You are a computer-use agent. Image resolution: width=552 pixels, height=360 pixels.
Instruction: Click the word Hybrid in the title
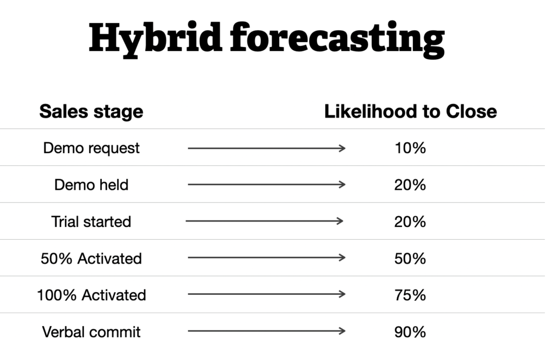click(155, 39)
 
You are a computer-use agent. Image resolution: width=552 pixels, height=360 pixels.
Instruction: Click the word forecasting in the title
click(337, 39)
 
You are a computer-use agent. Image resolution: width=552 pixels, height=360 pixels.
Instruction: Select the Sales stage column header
click(91, 112)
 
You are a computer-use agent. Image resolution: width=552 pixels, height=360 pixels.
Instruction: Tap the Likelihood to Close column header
click(410, 112)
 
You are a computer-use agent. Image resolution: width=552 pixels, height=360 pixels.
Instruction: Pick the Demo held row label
click(91, 185)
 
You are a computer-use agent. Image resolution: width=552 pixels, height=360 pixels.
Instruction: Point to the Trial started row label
click(91, 221)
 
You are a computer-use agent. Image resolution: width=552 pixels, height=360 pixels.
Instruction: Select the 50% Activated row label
click(91, 259)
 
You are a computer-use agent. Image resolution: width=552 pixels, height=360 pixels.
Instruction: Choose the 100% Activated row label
click(91, 295)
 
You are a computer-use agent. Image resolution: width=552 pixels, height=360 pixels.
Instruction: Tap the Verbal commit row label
click(91, 332)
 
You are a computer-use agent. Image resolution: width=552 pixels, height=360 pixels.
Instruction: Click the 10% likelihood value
click(410, 148)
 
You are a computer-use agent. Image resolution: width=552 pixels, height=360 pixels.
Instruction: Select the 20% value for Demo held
click(410, 185)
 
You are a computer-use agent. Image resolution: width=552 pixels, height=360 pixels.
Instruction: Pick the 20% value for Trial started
click(410, 221)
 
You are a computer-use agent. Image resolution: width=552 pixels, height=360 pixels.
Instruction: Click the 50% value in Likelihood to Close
click(410, 259)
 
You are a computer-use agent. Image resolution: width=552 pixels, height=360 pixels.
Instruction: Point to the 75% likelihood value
click(410, 295)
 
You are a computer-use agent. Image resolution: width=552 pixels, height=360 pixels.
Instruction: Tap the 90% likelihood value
click(410, 332)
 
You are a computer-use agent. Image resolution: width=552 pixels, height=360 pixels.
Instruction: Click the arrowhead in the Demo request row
click(342, 148)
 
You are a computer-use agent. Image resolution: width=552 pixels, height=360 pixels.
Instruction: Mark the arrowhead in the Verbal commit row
click(342, 331)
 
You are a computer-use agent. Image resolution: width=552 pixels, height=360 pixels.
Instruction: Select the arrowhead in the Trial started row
click(340, 221)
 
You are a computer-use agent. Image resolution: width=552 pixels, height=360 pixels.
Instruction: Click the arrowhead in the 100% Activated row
click(342, 294)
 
